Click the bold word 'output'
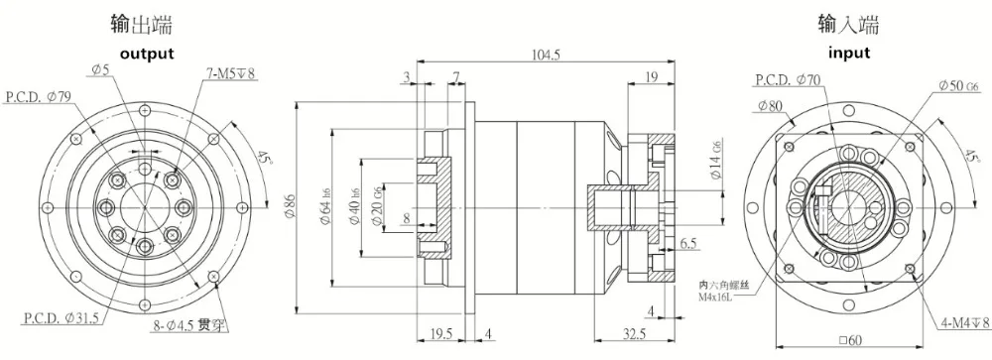[x=147, y=53]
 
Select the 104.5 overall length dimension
[x=545, y=57]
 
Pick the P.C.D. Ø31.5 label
[x=58, y=317]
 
